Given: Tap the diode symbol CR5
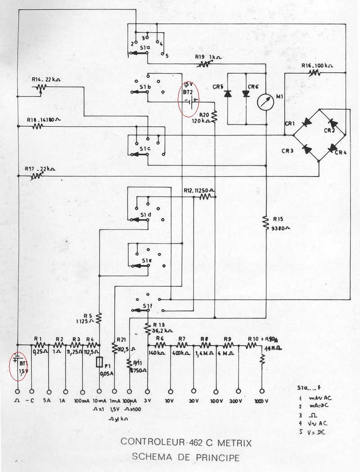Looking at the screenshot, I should (x=228, y=94).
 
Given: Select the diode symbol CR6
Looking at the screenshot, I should (x=246, y=94).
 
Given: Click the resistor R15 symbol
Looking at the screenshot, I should (x=265, y=221).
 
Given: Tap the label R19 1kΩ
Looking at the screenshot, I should (x=206, y=58).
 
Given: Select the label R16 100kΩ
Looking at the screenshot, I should (x=317, y=66).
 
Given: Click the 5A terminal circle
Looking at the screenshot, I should (x=48, y=391).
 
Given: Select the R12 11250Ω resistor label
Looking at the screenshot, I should (x=198, y=190).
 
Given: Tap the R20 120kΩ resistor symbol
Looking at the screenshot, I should (x=215, y=117).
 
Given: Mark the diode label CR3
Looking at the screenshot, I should (x=288, y=151).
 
